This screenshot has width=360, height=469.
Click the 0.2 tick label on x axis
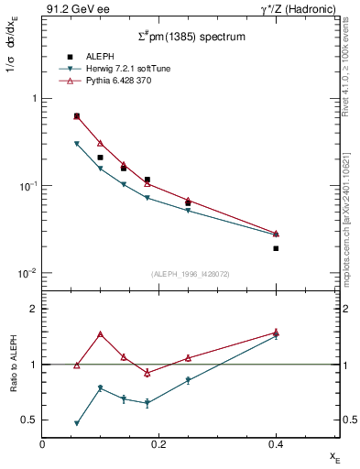coord(158,444)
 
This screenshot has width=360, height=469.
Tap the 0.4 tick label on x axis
coord(276,444)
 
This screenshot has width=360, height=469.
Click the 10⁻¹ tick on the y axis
coord(28,186)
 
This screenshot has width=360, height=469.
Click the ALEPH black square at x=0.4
coord(276,248)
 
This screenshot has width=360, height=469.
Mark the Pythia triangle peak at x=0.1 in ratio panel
coord(100,334)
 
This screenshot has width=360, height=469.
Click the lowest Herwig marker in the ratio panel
coord(77,423)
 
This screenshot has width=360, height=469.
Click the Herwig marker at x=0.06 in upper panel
coord(77,144)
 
